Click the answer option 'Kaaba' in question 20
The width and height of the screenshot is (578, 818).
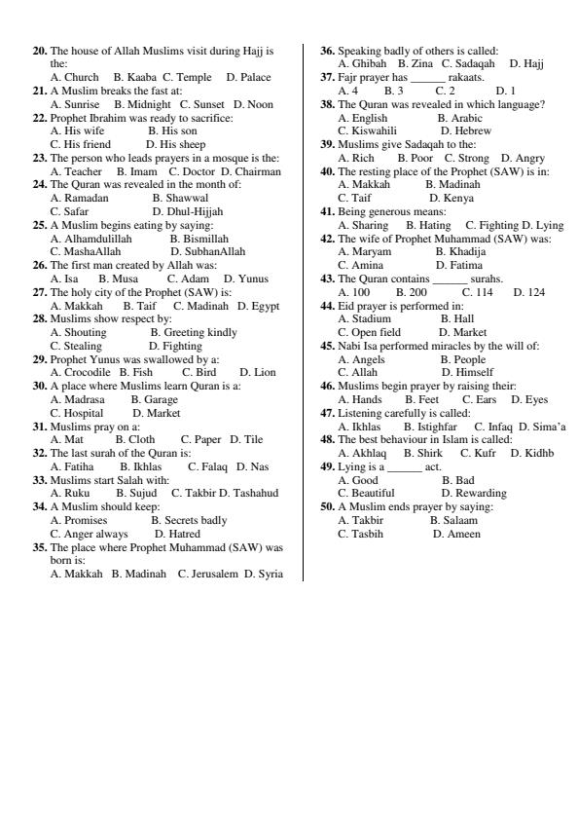[x=142, y=76]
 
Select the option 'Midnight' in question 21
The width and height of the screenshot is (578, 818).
[x=148, y=103]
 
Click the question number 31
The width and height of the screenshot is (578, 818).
[x=40, y=426]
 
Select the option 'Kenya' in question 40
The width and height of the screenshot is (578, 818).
[x=457, y=198]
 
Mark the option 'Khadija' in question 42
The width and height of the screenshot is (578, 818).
[x=467, y=251]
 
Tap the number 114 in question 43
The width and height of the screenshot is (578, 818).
[x=477, y=291]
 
